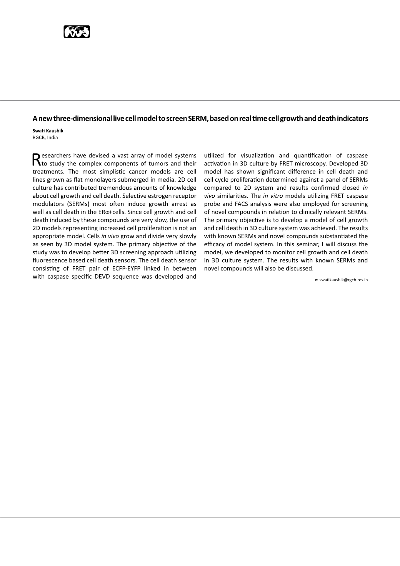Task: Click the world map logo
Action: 77,32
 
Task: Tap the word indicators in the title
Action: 352,119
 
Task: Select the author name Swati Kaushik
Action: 48,131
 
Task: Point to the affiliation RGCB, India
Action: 45,137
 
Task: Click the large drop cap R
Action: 36,159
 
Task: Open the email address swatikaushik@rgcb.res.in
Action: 343,280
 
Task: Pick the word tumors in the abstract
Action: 159,164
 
